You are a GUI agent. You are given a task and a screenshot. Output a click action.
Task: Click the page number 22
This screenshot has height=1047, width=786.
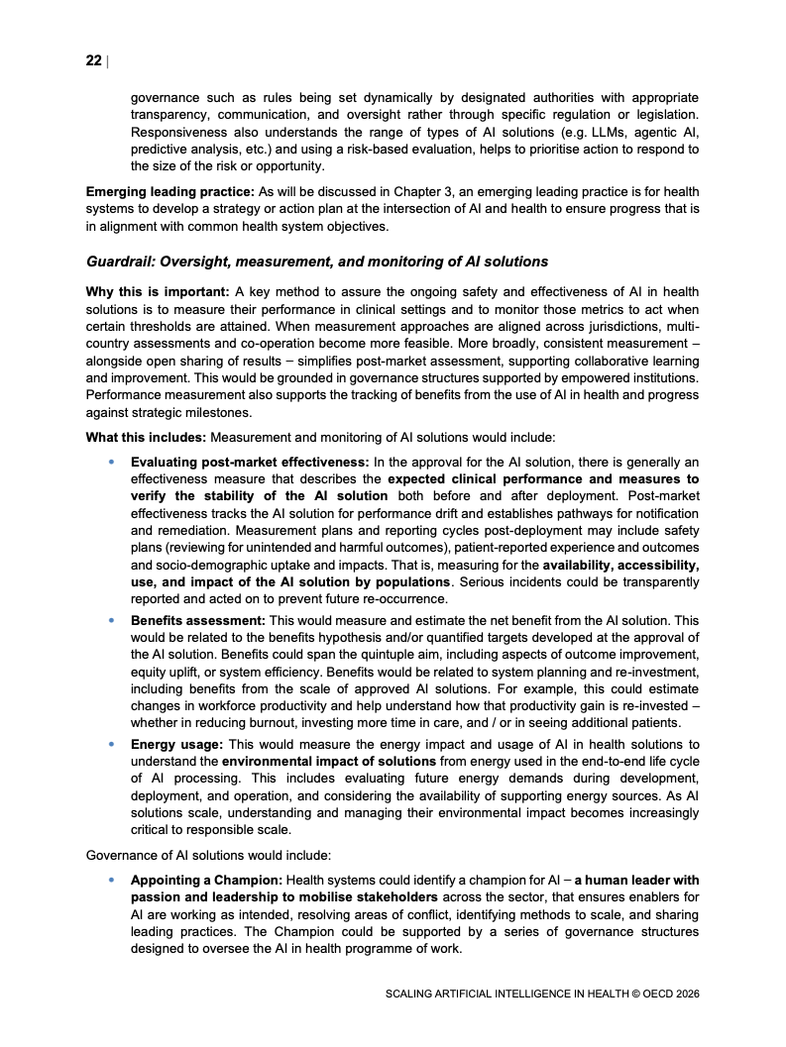pyautogui.click(x=93, y=61)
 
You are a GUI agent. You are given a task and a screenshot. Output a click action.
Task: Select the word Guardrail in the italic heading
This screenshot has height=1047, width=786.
pyautogui.click(x=120, y=262)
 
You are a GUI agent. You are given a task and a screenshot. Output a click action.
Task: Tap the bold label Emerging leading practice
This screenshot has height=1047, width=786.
pyautogui.click(x=169, y=191)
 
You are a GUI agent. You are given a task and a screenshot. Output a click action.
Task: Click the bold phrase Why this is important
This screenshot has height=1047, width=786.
pyautogui.click(x=158, y=291)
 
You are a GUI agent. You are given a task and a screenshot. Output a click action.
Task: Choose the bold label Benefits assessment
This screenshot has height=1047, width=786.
pyautogui.click(x=197, y=619)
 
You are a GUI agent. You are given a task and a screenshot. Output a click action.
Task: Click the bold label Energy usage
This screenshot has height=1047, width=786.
pyautogui.click(x=174, y=744)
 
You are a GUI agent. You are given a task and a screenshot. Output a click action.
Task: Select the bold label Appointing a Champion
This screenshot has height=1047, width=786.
pyautogui.click(x=206, y=880)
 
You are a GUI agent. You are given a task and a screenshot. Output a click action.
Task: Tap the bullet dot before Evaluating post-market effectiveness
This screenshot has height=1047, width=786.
pyautogui.click(x=111, y=462)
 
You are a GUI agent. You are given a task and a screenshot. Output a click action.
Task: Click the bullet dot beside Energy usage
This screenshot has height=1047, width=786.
pyautogui.click(x=111, y=744)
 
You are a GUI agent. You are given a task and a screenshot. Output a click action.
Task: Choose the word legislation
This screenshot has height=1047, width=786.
pyautogui.click(x=666, y=115)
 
